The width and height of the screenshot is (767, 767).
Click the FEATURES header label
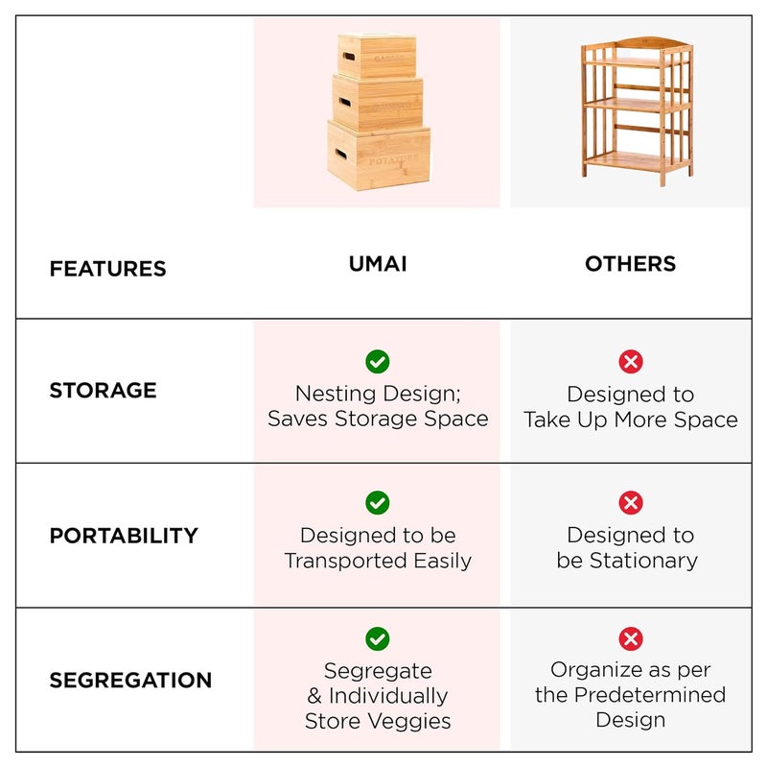[x=107, y=269]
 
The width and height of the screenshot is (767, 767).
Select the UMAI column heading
[x=378, y=263]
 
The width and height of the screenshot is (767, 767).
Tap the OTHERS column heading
[x=631, y=263]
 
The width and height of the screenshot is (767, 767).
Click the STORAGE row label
[x=103, y=390]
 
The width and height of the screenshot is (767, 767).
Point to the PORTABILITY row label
[x=124, y=536]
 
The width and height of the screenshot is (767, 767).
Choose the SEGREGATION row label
[x=130, y=680]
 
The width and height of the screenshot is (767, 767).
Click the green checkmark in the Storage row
[x=378, y=362]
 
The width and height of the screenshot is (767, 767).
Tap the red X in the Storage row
[x=631, y=362]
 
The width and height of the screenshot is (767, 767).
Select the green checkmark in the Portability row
[x=378, y=502]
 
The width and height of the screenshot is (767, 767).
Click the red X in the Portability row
[x=631, y=502]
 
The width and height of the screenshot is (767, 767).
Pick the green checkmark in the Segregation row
[x=378, y=638]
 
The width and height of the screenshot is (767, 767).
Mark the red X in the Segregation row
[x=631, y=638]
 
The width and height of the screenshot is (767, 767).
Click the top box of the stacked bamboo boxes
[x=377, y=56]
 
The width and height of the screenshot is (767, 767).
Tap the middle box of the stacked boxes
[x=377, y=104]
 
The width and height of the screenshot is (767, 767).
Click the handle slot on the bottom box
[x=341, y=155]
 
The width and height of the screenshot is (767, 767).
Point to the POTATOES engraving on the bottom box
[x=393, y=159]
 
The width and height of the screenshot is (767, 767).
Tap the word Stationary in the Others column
[x=643, y=561]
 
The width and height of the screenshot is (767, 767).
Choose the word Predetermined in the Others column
[x=650, y=694]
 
